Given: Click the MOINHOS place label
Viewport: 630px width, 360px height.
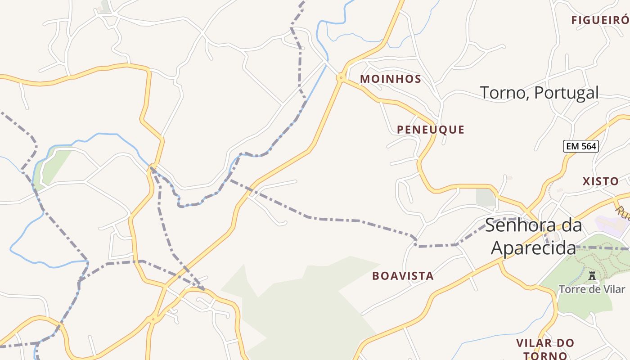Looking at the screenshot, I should coord(391,79).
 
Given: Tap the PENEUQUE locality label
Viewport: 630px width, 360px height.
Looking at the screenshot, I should coord(431,130).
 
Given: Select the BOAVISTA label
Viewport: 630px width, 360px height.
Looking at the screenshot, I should coord(403,276).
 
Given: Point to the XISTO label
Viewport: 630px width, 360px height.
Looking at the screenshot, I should coord(601,181).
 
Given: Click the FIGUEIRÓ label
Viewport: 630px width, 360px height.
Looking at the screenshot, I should coord(600,20).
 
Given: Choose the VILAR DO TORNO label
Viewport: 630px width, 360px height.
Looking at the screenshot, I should coord(545,349).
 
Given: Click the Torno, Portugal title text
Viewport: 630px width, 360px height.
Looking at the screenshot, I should coord(540,93).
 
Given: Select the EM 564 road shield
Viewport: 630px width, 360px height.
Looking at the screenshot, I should coord(581,146).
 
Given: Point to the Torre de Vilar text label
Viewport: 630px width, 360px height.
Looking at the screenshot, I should coord(592,289).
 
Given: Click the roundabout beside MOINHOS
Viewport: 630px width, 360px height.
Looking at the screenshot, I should coord(341,78).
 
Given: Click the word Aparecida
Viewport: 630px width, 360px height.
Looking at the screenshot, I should coord(533,248).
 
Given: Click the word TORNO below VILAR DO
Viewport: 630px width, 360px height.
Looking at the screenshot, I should coord(545,355).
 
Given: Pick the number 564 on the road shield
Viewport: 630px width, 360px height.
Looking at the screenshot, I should coord(587,146).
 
